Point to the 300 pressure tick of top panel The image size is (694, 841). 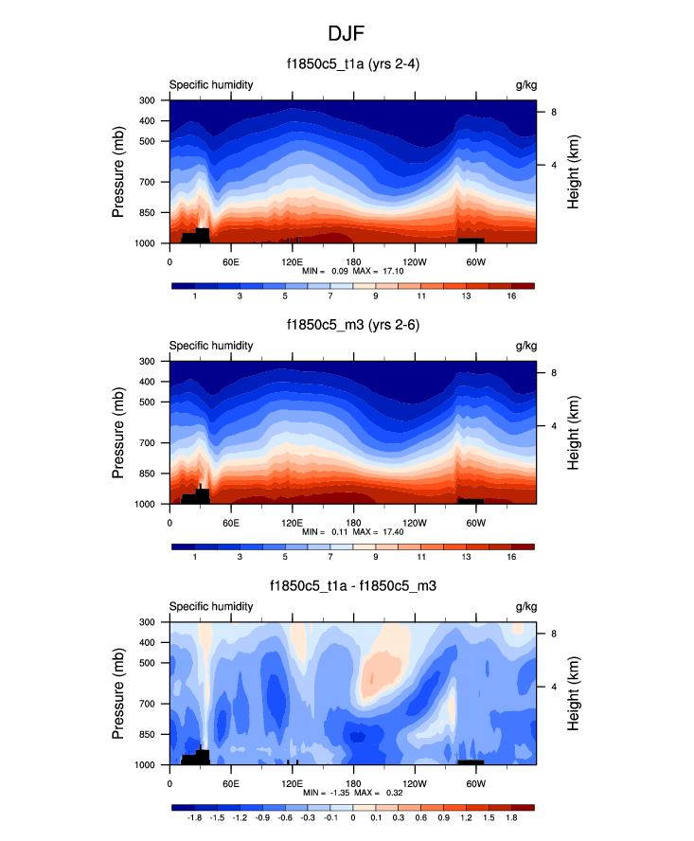point(147,99)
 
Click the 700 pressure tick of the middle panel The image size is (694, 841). point(147,442)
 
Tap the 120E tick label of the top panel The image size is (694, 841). point(291,261)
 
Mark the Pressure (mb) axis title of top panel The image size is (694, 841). point(119,170)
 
